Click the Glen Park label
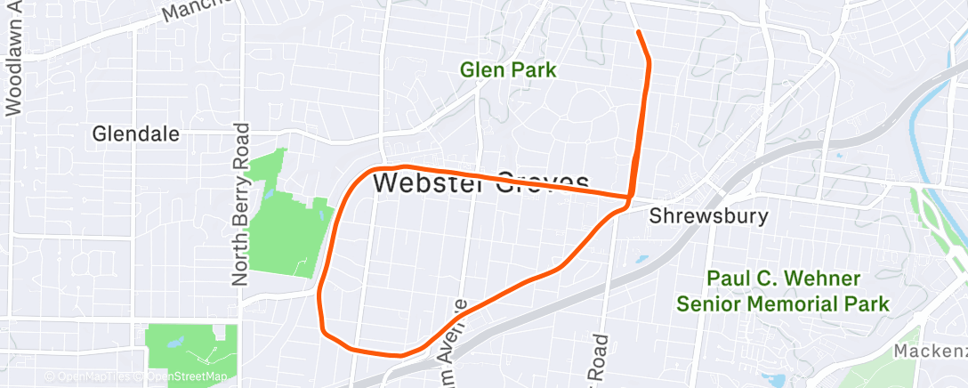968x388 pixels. pyautogui.click(x=508, y=69)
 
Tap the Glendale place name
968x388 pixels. pyautogui.click(x=136, y=134)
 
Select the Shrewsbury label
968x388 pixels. pyautogui.click(x=708, y=216)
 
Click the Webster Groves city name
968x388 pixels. pyautogui.click(x=481, y=182)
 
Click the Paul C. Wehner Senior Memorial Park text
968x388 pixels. pyautogui.click(x=783, y=291)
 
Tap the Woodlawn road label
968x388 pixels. pyautogui.click(x=13, y=62)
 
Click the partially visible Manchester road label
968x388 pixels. pyautogui.click(x=197, y=12)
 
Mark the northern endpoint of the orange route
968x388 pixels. pyautogui.click(x=639, y=32)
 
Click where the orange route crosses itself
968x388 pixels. pyautogui.click(x=629, y=197)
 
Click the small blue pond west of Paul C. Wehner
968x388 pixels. pyautogui.click(x=642, y=260)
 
